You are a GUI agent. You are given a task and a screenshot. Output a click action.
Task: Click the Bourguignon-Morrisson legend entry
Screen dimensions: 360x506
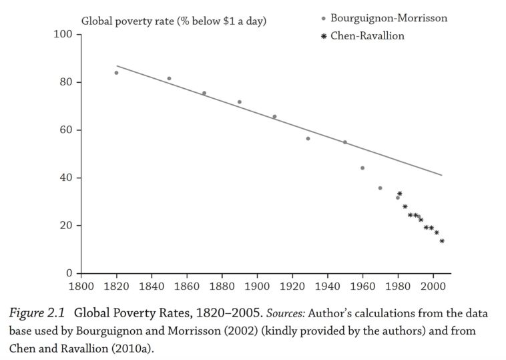coord(388,19)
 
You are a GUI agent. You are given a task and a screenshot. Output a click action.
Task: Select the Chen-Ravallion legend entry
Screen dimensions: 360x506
coord(366,36)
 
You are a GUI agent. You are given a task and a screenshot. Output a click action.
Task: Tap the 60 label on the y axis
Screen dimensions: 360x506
coord(65,130)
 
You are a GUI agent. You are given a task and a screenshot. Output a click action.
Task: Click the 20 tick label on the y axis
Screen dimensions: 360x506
coord(65,226)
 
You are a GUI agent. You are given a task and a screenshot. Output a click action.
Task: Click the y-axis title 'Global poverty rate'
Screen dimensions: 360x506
coord(174,21)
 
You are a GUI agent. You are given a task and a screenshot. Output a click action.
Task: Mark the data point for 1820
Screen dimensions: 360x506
coord(116,73)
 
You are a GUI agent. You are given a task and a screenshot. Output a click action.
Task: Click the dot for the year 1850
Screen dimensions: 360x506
coord(169,79)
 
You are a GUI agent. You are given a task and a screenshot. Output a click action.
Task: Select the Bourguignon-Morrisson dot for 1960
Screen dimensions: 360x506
coord(362,168)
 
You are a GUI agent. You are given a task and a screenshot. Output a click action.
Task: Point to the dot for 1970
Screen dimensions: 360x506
coord(381,188)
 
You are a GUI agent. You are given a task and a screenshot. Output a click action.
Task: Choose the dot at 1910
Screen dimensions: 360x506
coord(274,117)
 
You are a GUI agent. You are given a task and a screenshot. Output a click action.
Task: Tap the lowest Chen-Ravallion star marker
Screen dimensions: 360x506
coord(442,241)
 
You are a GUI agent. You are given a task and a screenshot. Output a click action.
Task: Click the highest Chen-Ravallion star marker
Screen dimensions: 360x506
coord(400,194)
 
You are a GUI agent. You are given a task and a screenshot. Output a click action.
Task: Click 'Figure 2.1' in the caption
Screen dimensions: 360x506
coord(39,313)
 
